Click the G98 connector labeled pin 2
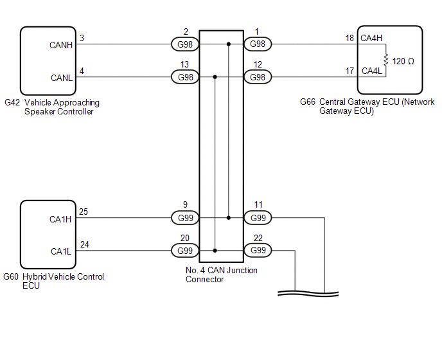pos(185,44)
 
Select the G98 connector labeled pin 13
pos(185,77)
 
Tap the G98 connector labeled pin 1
pos(258,44)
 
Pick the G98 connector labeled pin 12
pos(258,77)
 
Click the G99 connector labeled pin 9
pos(185,218)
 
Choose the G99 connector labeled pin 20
pos(185,251)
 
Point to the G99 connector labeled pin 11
pos(258,218)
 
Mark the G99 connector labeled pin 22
pos(258,251)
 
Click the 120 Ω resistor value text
pos(403,61)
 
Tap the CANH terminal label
pos(62,45)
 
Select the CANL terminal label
pos(62,78)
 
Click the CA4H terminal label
pos(371,39)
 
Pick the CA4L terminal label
pos(371,71)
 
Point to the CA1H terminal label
pos(61,219)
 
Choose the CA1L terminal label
pos(61,251)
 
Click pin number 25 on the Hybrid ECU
pos(83,211)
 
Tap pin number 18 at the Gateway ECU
pos(349,38)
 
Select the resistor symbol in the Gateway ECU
pos(385,60)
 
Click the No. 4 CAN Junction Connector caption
pos(221,274)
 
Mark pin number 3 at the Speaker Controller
pos(82,38)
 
